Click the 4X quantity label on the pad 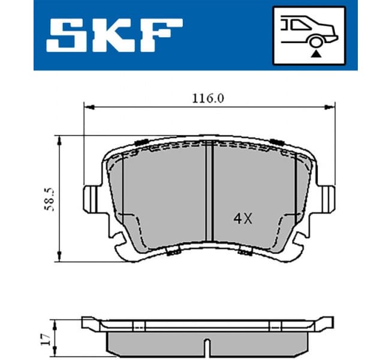(x=242, y=219)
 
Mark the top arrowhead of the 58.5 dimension (x=59, y=140)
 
